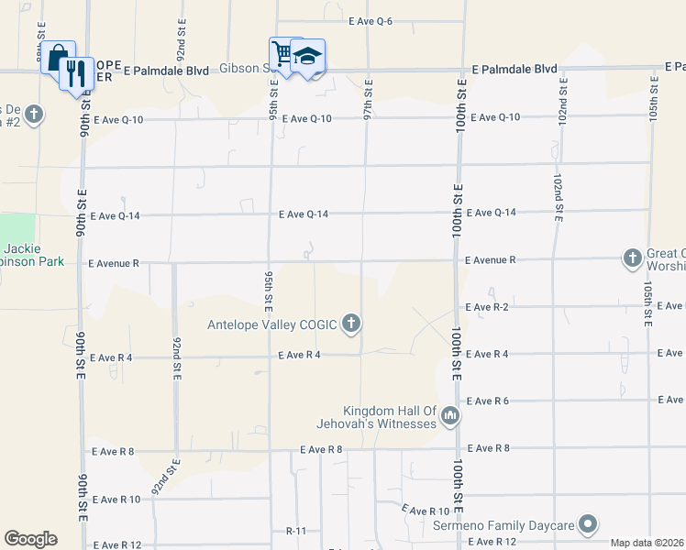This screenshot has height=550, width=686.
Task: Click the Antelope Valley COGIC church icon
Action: coord(350,323)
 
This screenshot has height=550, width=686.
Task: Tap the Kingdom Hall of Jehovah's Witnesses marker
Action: coord(449,416)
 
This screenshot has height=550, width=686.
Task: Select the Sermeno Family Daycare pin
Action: coord(589,525)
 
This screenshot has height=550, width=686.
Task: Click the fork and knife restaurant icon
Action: coord(76,71)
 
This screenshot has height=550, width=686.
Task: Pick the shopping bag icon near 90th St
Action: coord(57,57)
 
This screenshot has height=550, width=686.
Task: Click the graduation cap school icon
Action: coord(308,56)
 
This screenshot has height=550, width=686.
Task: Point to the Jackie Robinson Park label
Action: coord(33,256)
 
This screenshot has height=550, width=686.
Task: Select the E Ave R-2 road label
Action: coord(487,306)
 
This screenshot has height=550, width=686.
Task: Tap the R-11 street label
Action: coord(295,531)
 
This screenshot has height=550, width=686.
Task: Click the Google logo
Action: coord(30,538)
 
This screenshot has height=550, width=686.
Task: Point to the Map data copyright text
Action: coord(646,543)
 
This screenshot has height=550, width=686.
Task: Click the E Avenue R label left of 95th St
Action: coord(114,263)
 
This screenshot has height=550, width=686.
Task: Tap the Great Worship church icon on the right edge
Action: coord(632,258)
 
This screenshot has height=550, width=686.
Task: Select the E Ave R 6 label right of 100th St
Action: coord(487,401)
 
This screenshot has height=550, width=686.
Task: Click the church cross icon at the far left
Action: coord(34,115)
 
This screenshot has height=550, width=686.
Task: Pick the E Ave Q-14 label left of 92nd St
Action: coord(114,216)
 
